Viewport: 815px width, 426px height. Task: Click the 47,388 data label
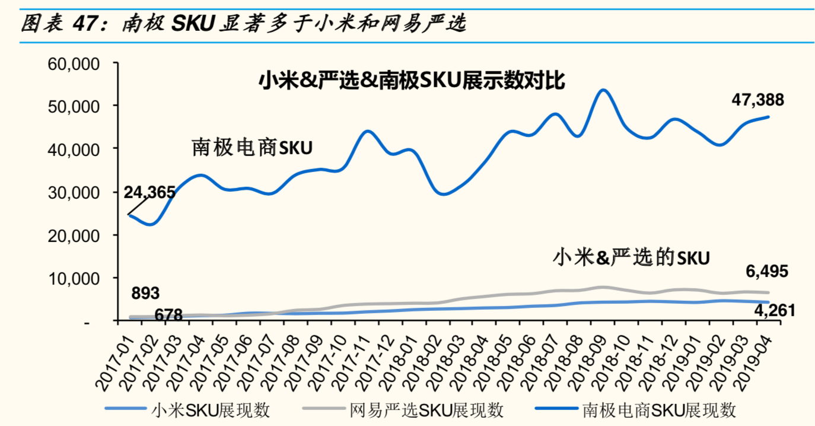pos(757,100)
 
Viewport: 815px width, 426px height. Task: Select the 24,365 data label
pos(149,192)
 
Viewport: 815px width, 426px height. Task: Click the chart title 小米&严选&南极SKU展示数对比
pos(412,80)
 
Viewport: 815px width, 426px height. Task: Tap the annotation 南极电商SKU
pos(251,147)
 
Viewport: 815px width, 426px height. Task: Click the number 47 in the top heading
pos(85,24)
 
